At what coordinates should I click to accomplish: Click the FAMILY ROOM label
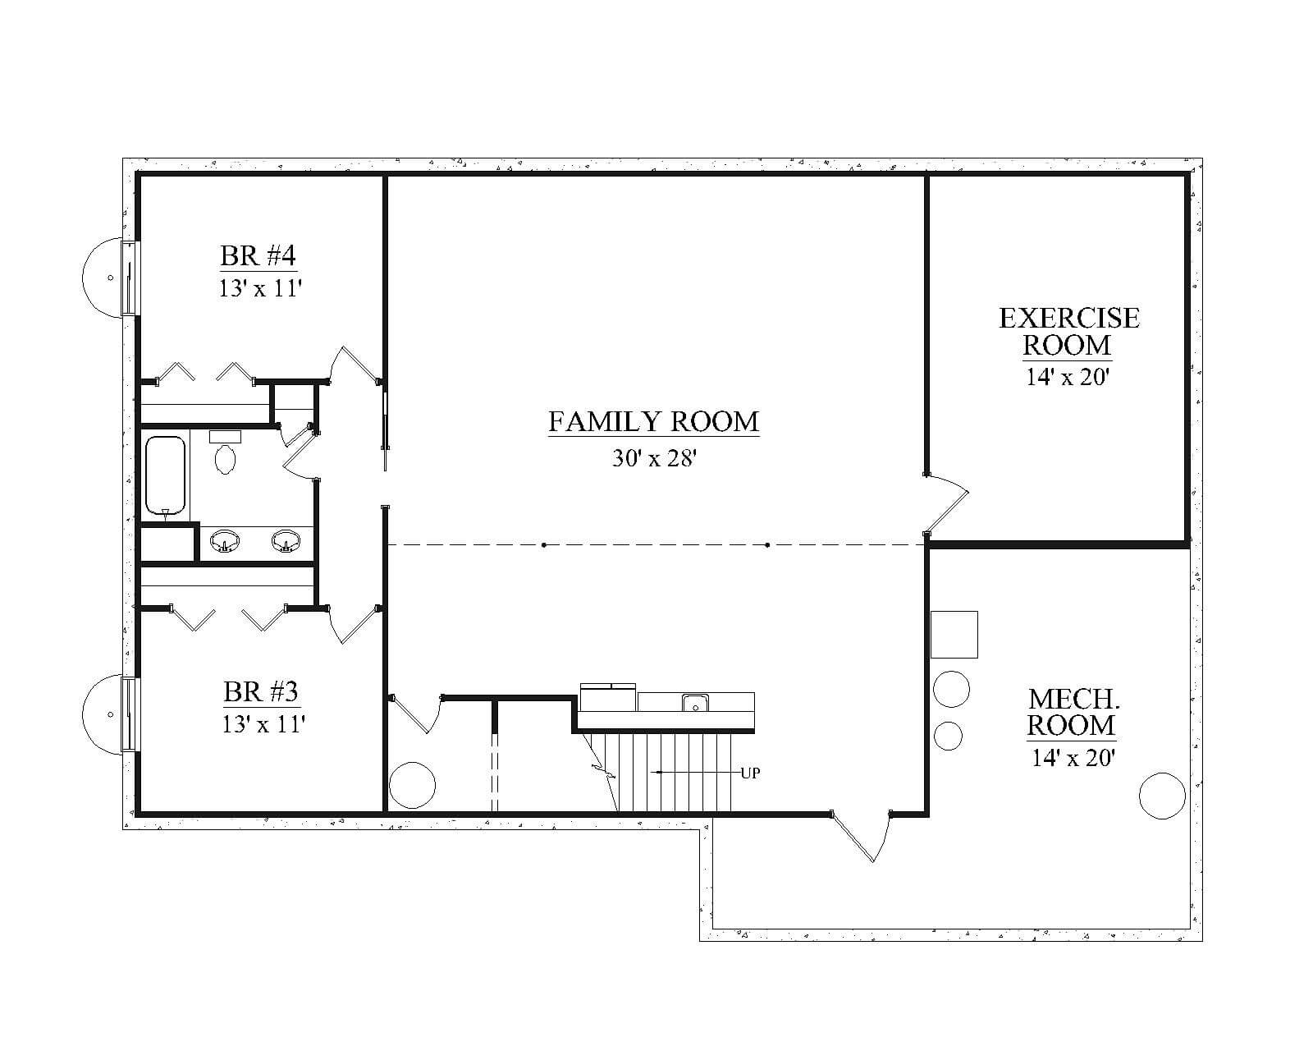(x=653, y=422)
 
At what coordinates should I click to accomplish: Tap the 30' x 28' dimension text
(x=654, y=458)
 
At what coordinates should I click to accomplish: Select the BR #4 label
(x=258, y=256)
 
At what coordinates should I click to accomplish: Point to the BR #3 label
(x=260, y=692)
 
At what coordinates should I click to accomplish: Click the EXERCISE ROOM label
(x=1069, y=332)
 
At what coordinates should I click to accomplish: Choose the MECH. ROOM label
(x=1072, y=713)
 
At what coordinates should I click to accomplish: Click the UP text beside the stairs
(x=750, y=773)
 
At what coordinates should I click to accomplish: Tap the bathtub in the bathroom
(x=165, y=475)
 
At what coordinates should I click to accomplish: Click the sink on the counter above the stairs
(x=695, y=703)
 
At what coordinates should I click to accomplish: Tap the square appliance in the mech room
(x=954, y=635)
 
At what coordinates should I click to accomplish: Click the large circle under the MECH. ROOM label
(x=1162, y=796)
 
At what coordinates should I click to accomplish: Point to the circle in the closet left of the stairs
(x=413, y=785)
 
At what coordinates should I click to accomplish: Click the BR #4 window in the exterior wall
(x=130, y=278)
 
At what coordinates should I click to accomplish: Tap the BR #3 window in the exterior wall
(x=130, y=714)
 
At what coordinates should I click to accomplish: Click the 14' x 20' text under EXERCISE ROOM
(x=1067, y=378)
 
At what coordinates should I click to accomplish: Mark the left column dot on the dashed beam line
(x=543, y=544)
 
